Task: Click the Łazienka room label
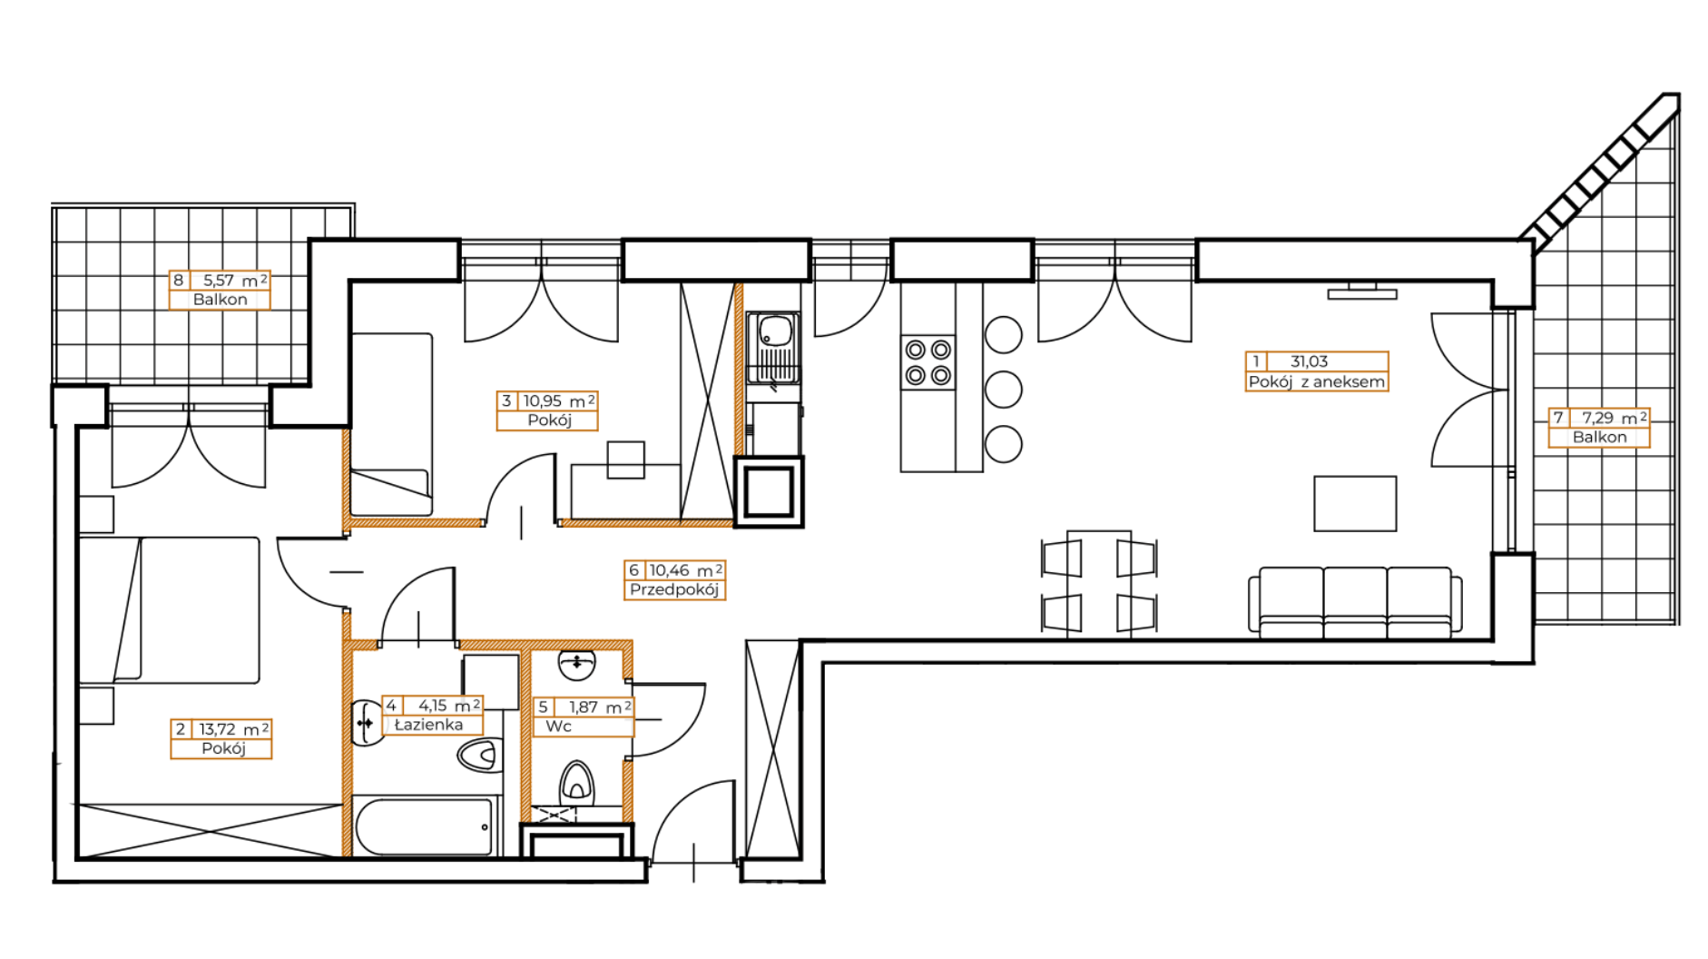point(428,725)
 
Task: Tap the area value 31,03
point(1309,361)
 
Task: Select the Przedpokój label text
point(674,589)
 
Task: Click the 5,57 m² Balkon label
point(220,290)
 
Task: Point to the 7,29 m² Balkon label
point(1599,427)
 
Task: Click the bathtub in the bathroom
point(425,826)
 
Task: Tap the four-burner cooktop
point(928,361)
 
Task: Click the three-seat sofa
point(1355,599)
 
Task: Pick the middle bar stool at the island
point(1003,390)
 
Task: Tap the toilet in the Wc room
point(577,781)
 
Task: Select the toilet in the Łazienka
point(480,755)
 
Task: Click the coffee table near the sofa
point(1355,503)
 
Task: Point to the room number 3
point(506,400)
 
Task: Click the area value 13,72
point(218,729)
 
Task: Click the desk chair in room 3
point(626,460)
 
